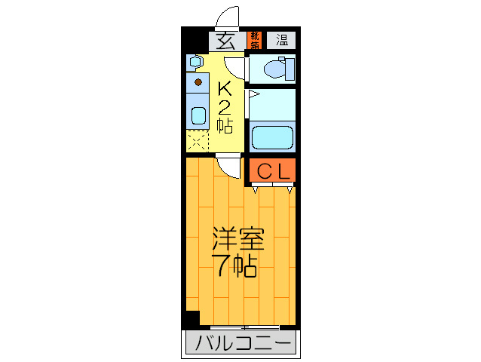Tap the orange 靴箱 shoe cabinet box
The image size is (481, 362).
[256, 40]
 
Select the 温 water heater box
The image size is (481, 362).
[281, 40]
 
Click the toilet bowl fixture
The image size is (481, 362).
[272, 69]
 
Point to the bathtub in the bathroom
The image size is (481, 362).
[271, 137]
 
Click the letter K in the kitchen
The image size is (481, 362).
[224, 88]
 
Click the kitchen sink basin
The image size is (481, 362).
[198, 115]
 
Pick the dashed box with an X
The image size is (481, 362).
[198, 140]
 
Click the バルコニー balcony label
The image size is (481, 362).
[241, 345]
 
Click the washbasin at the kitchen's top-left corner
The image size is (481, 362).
[195, 61]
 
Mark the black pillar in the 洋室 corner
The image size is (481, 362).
[193, 318]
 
